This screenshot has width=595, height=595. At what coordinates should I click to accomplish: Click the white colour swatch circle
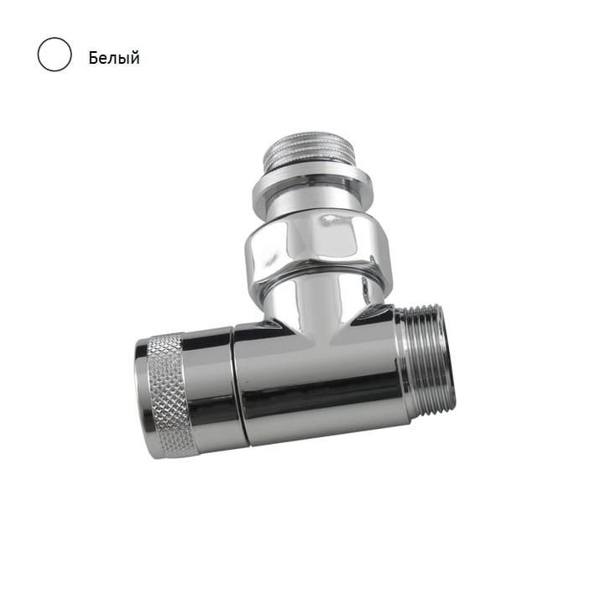pyautogui.click(x=55, y=55)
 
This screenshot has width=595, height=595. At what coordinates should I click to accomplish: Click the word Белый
pyautogui.click(x=114, y=58)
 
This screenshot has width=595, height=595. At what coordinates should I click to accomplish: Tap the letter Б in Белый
pyautogui.click(x=93, y=58)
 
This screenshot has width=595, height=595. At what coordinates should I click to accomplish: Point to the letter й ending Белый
pyautogui.click(x=134, y=57)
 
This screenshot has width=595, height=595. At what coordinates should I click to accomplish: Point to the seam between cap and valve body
pyautogui.click(x=239, y=384)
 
